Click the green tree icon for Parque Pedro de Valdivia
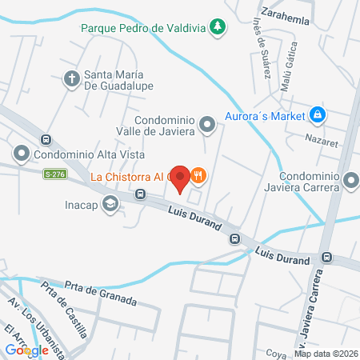click(x=217, y=28)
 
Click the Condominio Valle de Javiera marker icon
click(x=207, y=123)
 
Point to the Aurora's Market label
click(x=266, y=115)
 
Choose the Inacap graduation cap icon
click(x=110, y=204)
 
